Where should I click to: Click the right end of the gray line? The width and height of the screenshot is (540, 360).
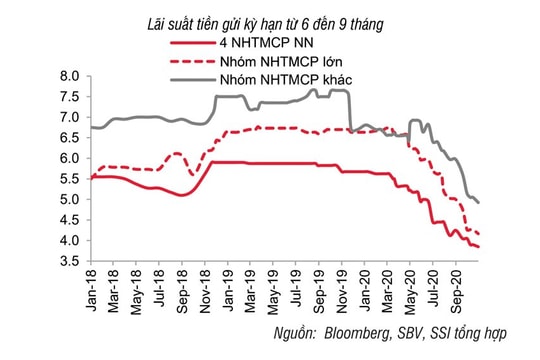(479, 203)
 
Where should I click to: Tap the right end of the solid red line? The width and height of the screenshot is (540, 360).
(479, 247)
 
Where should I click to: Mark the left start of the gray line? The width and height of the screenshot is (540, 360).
(91, 127)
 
